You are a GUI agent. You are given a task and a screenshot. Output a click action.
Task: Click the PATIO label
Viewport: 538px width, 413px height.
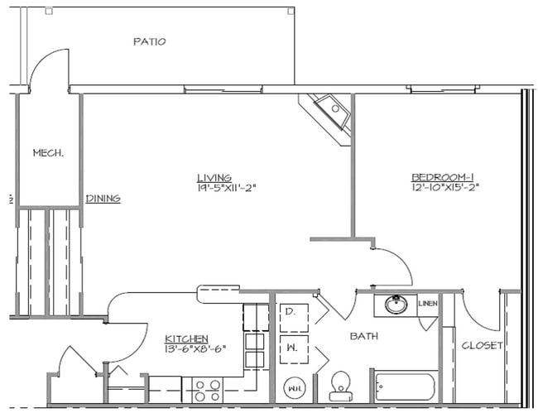(150, 41)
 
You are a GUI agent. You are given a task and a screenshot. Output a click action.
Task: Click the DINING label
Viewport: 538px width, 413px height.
(103, 198)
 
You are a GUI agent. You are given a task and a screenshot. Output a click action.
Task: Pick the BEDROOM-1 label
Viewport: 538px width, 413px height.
(443, 176)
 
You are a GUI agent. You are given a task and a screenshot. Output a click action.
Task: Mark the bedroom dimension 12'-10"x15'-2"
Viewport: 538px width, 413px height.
(445, 187)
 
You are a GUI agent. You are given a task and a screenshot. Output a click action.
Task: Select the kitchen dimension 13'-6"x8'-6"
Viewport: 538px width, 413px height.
(195, 348)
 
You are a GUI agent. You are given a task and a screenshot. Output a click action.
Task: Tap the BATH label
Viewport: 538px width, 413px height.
(364, 336)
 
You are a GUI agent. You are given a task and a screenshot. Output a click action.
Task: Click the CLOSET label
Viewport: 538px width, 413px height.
(481, 345)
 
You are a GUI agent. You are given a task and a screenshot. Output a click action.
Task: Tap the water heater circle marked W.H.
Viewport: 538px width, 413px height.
(293, 386)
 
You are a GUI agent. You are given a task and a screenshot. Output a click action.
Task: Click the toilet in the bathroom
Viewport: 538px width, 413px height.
(340, 385)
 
